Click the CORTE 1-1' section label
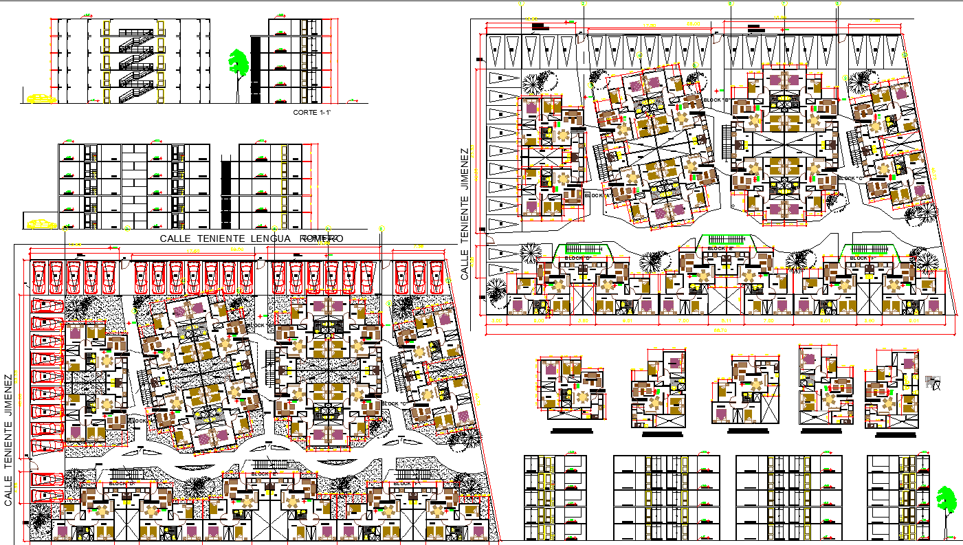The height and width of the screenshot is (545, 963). pyautogui.click(x=312, y=111)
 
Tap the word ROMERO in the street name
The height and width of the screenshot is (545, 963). pyautogui.click(x=321, y=238)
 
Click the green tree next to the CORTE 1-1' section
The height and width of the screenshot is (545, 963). pyautogui.click(x=239, y=63)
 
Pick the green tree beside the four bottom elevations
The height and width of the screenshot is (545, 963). pyautogui.click(x=947, y=500)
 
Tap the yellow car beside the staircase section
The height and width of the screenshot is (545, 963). pyautogui.click(x=42, y=98)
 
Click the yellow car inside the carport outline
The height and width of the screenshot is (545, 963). pyautogui.click(x=41, y=223)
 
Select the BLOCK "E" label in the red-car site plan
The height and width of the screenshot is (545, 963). pyautogui.click(x=263, y=474)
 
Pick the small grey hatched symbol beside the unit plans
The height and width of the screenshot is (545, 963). pyautogui.click(x=933, y=383)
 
